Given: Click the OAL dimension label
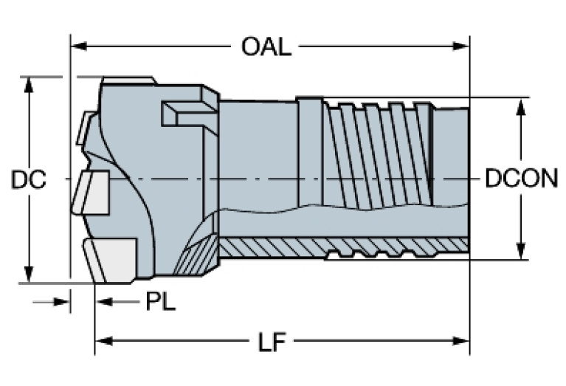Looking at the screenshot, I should (x=266, y=47).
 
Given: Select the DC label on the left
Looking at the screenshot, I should (x=29, y=179).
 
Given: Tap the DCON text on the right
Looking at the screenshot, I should (x=521, y=179).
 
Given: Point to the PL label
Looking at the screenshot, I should (x=160, y=302).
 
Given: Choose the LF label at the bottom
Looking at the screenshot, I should (x=272, y=342).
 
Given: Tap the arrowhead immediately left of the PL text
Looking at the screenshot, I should (x=104, y=302).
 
